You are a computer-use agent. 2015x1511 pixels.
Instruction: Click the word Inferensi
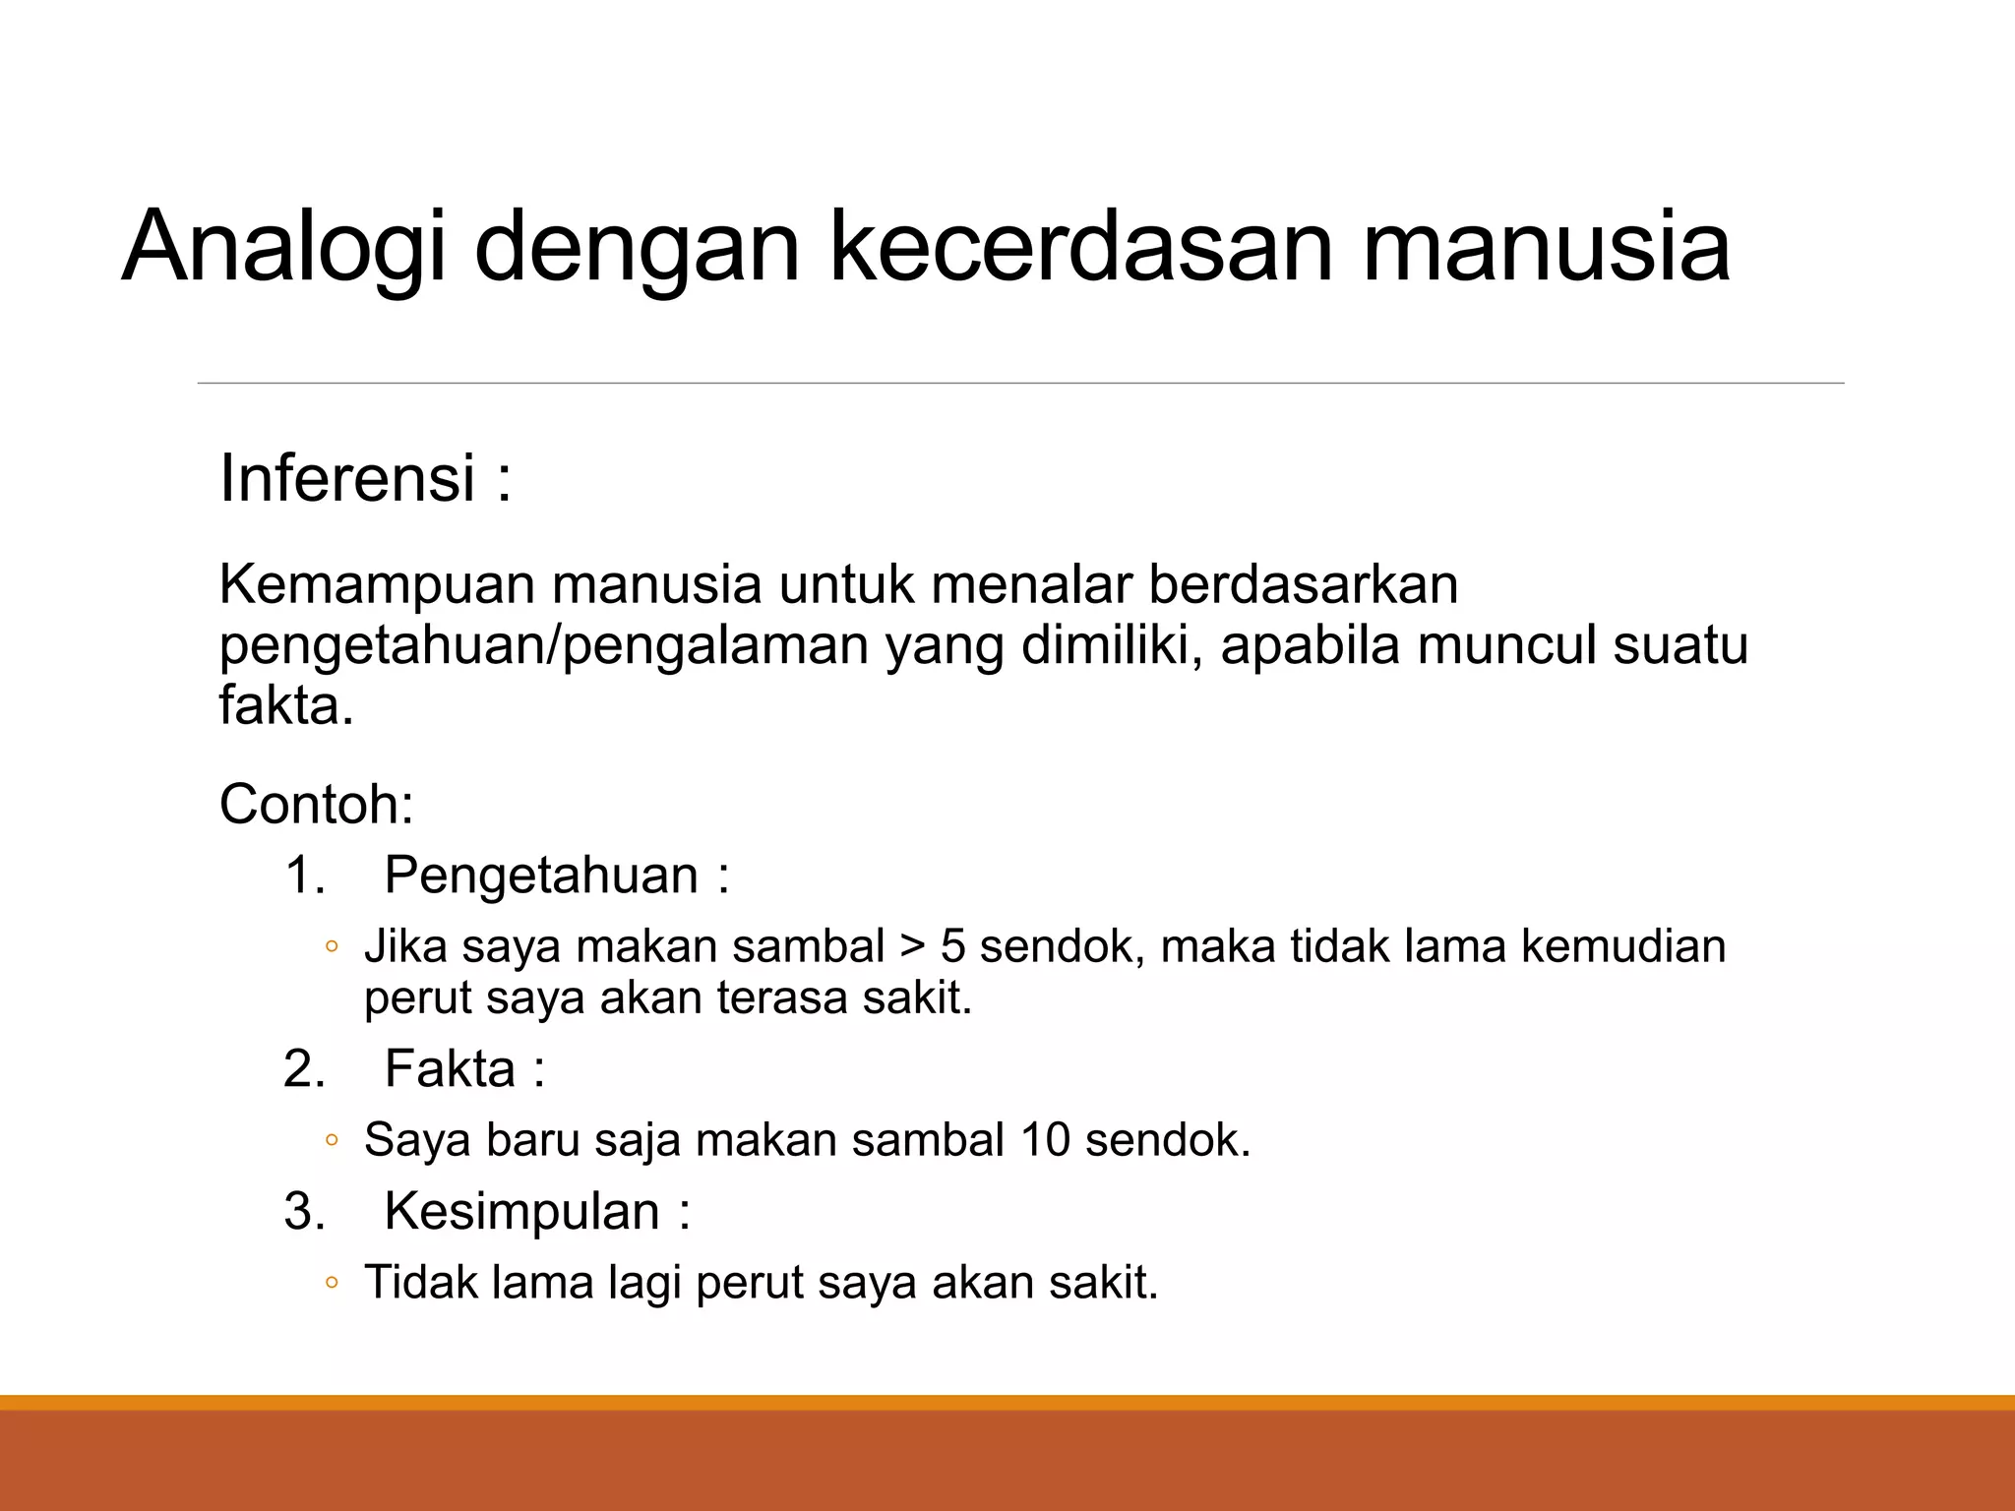pos(347,478)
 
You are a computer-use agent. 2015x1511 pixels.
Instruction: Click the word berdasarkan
pos(1303,584)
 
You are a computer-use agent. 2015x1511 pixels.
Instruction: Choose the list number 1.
pos(304,875)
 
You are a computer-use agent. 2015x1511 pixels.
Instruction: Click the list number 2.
pos(304,1068)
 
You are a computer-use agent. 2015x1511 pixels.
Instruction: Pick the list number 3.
pos(304,1211)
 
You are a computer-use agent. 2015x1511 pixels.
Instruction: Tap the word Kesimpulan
pos(521,1211)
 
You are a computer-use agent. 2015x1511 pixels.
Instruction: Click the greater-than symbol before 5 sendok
pos(912,947)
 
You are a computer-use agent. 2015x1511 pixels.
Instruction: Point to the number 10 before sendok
pos(1045,1140)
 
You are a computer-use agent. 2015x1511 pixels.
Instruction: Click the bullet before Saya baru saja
pos(332,1141)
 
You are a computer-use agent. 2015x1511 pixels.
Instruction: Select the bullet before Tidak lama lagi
pos(332,1284)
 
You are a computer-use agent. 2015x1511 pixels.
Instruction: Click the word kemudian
pos(1622,946)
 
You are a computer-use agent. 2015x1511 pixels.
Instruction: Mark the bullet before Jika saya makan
pos(332,947)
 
